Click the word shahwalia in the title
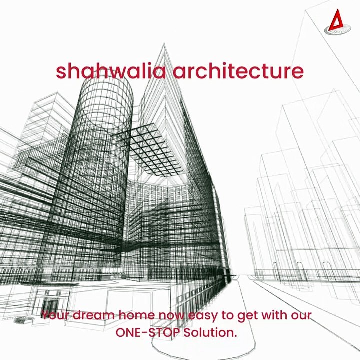(110, 71)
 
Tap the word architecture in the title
(238, 71)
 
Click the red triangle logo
(334, 22)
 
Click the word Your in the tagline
(55, 315)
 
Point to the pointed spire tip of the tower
(164, 46)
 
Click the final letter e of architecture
(298, 72)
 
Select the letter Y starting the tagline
(45, 315)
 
